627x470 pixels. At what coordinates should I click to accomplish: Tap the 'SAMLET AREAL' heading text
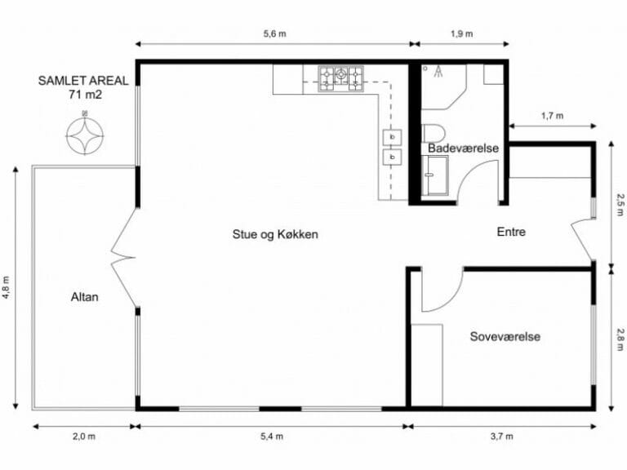(x=84, y=81)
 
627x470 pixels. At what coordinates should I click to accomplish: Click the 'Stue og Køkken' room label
(x=274, y=234)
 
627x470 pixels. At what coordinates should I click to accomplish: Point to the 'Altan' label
(x=85, y=297)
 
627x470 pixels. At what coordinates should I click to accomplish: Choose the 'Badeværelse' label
(x=463, y=149)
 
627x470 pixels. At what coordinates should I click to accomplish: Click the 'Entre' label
(x=511, y=233)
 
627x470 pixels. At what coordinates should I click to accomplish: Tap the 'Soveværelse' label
(x=505, y=336)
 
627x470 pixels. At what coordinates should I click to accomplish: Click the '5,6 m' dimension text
(x=274, y=33)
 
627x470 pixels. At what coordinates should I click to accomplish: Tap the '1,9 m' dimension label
(x=462, y=33)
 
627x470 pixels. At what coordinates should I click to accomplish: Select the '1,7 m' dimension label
(x=552, y=116)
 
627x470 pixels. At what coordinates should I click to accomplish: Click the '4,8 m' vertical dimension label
(x=7, y=287)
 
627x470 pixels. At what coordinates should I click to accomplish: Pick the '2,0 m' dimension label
(x=84, y=437)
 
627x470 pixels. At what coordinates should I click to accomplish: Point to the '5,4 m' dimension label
(x=273, y=437)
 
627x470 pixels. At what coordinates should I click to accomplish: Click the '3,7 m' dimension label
(x=502, y=437)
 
